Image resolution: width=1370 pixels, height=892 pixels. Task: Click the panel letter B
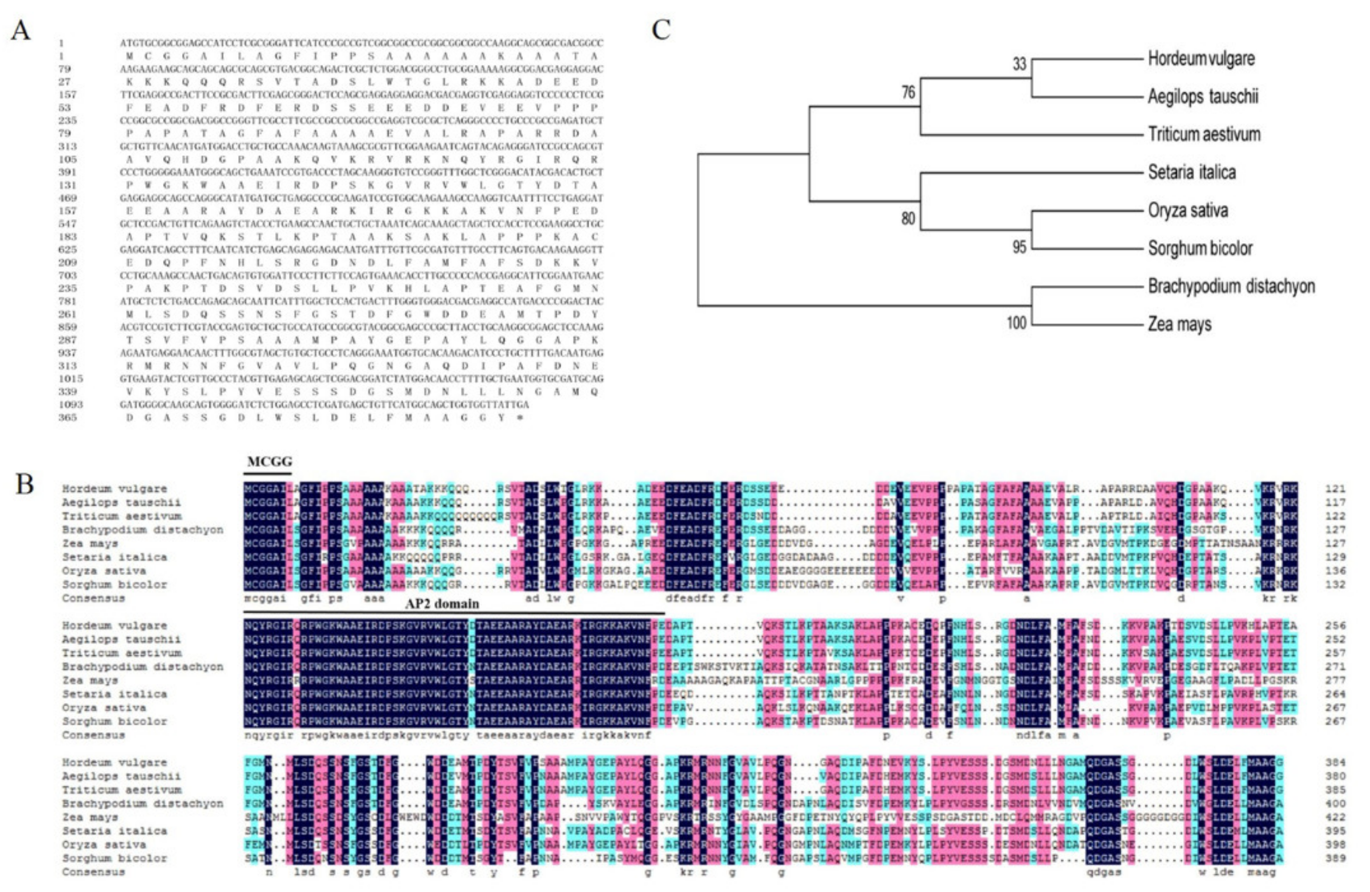click(x=24, y=484)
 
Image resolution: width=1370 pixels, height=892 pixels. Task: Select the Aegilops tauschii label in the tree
click(x=1202, y=96)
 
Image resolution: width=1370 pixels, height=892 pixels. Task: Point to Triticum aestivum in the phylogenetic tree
click(x=1204, y=134)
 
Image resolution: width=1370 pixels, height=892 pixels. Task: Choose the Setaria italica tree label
click(x=1192, y=172)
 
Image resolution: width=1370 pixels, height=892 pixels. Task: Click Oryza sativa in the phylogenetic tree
click(x=1187, y=211)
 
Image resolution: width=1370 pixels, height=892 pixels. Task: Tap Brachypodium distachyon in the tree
click(x=1231, y=287)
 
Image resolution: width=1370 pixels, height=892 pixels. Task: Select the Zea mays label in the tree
click(x=1179, y=324)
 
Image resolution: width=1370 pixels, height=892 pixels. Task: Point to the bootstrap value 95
click(x=1019, y=247)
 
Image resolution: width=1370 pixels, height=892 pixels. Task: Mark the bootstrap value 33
click(x=1019, y=64)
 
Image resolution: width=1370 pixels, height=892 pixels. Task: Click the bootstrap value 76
click(x=908, y=92)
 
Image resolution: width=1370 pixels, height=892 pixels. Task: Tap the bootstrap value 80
click(x=908, y=219)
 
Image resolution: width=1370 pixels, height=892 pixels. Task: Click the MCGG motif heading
click(x=269, y=462)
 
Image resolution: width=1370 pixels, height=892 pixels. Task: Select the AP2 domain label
click(x=442, y=604)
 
